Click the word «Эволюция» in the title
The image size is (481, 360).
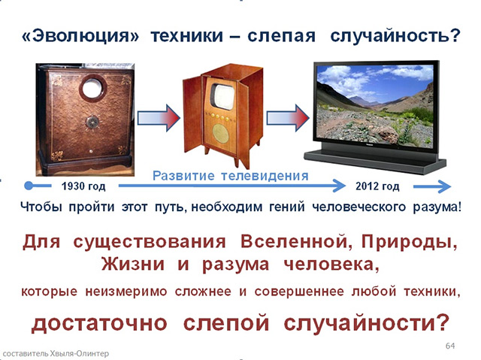(x=80, y=36)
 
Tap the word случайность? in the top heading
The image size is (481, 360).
(x=395, y=36)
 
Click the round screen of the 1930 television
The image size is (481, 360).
(x=93, y=88)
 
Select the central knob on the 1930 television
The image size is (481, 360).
(x=92, y=122)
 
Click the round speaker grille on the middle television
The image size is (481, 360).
(x=220, y=133)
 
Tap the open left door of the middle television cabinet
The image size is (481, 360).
(x=192, y=115)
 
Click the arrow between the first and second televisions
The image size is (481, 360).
(x=159, y=118)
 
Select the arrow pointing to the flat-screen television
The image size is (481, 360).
(x=288, y=118)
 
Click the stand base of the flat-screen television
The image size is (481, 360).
(x=375, y=161)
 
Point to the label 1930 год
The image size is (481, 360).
(x=83, y=186)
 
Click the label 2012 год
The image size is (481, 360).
(x=377, y=186)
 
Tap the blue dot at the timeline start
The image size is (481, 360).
(x=29, y=186)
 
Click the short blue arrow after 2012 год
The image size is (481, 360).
(x=432, y=186)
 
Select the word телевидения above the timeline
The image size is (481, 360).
(x=265, y=176)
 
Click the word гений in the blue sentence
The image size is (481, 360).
(x=287, y=207)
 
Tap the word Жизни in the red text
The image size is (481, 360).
(x=133, y=264)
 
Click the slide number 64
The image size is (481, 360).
(x=450, y=346)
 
